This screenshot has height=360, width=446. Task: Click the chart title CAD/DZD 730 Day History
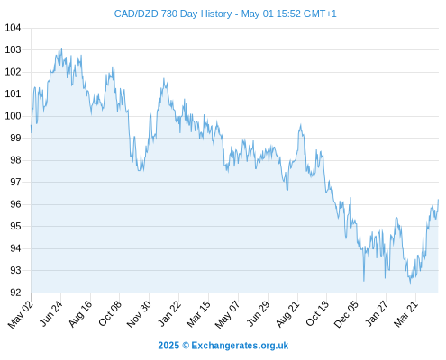tap(173, 14)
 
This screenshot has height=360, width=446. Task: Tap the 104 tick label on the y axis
tap(13, 28)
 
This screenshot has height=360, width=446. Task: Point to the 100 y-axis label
tap(13, 116)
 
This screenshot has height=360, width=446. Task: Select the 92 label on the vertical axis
tap(15, 292)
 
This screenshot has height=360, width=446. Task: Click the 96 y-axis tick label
tap(15, 204)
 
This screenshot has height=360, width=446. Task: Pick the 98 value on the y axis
tap(15, 160)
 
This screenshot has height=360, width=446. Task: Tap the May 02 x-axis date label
tap(21, 314)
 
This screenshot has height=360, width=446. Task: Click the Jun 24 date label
tap(51, 313)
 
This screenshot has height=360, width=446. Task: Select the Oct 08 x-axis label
tap(110, 313)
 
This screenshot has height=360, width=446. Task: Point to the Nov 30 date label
tap(139, 314)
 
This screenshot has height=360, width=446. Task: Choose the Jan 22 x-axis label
tap(169, 313)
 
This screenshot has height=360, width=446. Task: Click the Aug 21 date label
tap(287, 313)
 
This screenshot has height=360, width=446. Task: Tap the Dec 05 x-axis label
tap(346, 314)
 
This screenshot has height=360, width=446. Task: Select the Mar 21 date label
tap(405, 313)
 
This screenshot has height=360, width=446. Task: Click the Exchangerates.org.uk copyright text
tap(223, 346)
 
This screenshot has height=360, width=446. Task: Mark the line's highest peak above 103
tap(61, 49)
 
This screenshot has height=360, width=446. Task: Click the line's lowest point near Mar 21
tap(410, 283)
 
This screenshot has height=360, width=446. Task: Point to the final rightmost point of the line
tap(438, 200)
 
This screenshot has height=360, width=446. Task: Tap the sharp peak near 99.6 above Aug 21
tap(300, 125)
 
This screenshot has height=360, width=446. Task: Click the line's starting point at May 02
tap(31, 125)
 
